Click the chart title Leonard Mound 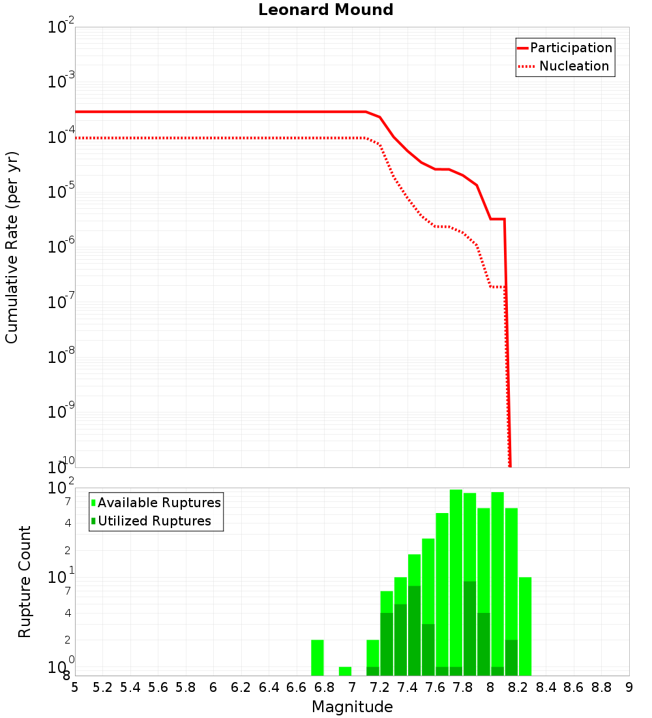(325, 10)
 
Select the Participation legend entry (570, 48)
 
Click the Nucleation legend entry (573, 66)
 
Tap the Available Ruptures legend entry (159, 503)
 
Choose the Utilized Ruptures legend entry (154, 521)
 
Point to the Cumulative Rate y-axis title (12, 247)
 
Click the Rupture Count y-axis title (25, 581)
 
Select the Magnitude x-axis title (352, 707)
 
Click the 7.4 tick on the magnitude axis (407, 687)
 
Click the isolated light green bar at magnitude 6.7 (318, 658)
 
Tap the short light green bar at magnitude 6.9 (345, 671)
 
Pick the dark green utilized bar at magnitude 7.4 (414, 631)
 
